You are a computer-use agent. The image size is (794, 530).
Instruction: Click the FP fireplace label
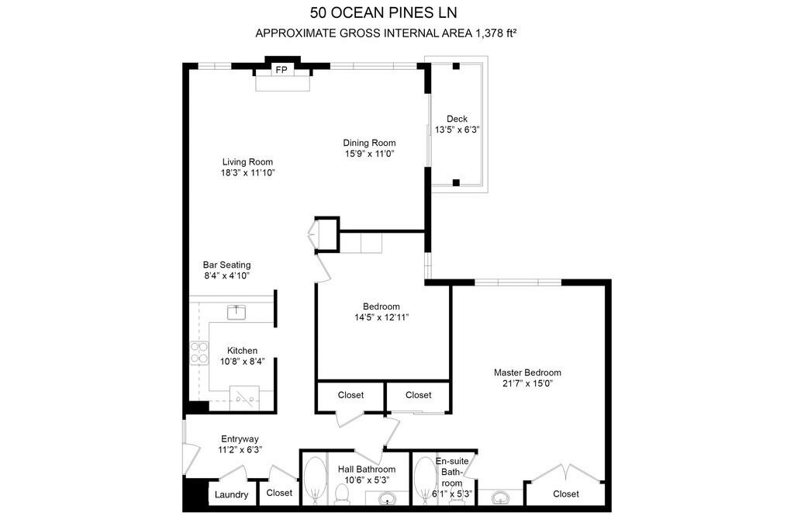[281, 69]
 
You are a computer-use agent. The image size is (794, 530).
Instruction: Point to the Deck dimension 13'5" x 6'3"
[457, 130]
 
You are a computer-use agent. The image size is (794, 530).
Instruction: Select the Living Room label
[247, 161]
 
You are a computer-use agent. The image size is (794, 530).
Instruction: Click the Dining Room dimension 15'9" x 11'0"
[370, 154]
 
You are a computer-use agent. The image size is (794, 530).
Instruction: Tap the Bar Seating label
[227, 265]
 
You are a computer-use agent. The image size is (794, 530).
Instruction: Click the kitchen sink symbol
[236, 312]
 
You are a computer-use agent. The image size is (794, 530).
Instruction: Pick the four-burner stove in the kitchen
[199, 352]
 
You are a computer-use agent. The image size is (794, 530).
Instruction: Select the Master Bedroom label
[527, 372]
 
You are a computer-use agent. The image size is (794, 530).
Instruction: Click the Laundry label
[231, 494]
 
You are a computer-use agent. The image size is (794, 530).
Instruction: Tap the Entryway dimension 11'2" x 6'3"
[240, 450]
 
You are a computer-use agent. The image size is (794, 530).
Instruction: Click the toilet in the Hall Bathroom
[343, 494]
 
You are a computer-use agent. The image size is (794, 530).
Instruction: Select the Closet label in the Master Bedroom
[566, 494]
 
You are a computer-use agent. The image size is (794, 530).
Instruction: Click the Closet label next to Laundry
[279, 493]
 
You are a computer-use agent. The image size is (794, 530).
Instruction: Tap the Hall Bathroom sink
[388, 499]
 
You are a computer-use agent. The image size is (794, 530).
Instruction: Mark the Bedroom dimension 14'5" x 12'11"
[381, 317]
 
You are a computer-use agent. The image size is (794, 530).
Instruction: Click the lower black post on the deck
[456, 182]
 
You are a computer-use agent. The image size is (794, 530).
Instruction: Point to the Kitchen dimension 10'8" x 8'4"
[242, 362]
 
